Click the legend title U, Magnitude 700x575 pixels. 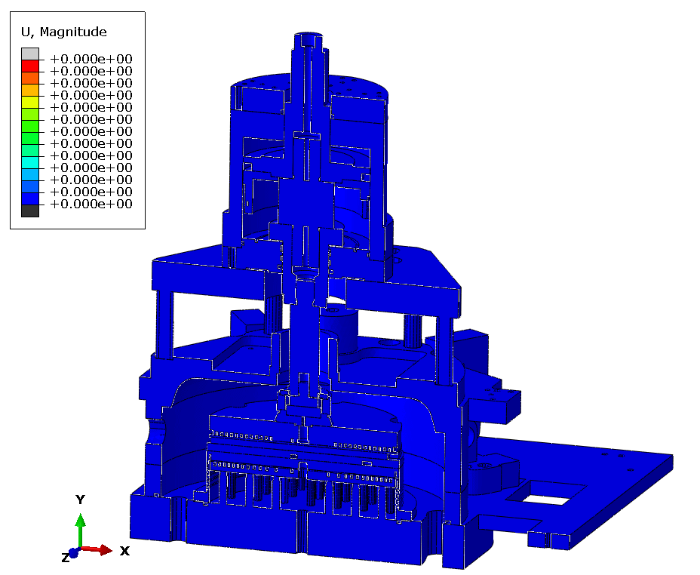(64, 32)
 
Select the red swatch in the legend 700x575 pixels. (30, 66)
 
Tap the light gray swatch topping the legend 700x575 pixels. (30, 54)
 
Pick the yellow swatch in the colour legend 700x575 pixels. (30, 102)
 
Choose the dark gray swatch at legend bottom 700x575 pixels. (30, 211)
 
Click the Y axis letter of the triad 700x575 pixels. (81, 499)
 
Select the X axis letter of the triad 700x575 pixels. (124, 551)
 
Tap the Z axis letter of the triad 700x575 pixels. (66, 558)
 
